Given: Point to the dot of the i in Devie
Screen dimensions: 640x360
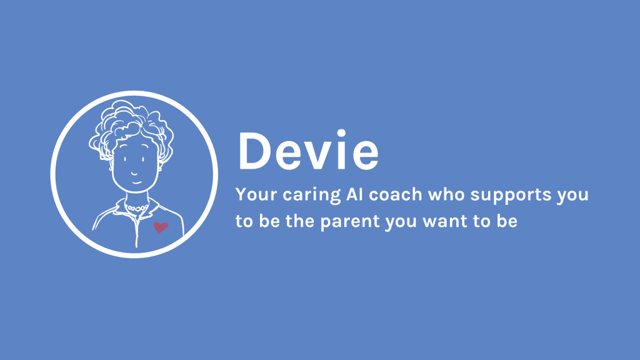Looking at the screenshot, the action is (x=341, y=134).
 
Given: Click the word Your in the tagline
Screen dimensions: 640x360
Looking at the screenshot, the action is (x=256, y=194).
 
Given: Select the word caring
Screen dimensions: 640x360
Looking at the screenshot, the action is (x=312, y=196).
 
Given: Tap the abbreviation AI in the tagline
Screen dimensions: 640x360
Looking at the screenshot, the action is (x=355, y=194).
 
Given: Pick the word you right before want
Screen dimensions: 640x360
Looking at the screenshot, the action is (x=401, y=223).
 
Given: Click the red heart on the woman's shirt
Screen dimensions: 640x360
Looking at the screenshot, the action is (x=161, y=227).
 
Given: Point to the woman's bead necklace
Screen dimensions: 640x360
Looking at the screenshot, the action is (x=136, y=208).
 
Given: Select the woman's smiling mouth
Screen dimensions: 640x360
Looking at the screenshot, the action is (x=137, y=182).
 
